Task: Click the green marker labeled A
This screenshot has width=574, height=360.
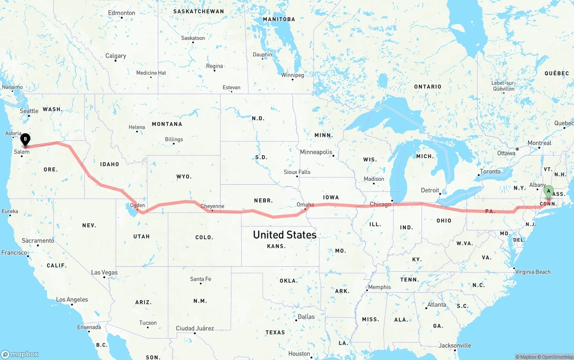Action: pyautogui.click(x=548, y=192)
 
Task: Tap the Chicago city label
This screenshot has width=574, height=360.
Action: pyautogui.click(x=380, y=204)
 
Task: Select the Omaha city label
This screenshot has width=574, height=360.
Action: pyautogui.click(x=305, y=204)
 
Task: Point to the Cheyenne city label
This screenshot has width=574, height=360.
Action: pyautogui.click(x=212, y=206)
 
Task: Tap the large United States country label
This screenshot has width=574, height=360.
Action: pyautogui.click(x=284, y=234)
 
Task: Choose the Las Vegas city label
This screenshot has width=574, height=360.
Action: pyautogui.click(x=104, y=272)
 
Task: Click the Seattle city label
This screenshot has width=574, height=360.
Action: pyautogui.click(x=29, y=111)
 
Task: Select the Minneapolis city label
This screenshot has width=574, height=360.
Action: pyautogui.click(x=316, y=152)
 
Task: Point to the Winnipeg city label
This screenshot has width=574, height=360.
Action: pyautogui.click(x=292, y=75)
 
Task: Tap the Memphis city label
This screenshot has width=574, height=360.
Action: pyautogui.click(x=379, y=287)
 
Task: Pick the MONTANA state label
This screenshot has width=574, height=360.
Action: pyautogui.click(x=167, y=124)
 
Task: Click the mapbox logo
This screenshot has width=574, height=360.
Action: pyautogui.click(x=20, y=354)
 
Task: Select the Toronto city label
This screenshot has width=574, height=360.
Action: pyautogui.click(x=490, y=171)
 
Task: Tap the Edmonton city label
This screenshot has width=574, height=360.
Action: pyautogui.click(x=122, y=13)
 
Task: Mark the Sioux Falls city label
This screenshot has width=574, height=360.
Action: pyautogui.click(x=297, y=172)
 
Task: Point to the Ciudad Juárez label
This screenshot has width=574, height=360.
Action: pyautogui.click(x=195, y=328)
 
